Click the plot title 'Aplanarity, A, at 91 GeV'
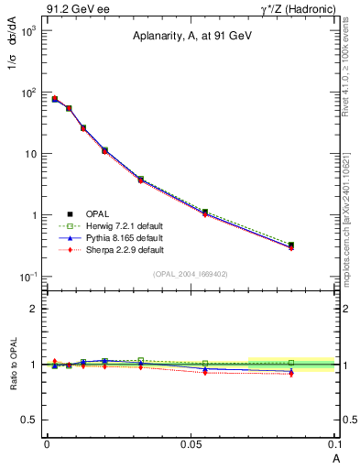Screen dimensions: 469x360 (191, 36)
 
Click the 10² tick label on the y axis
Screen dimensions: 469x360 (27, 93)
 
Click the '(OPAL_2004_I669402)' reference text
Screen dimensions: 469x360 (191, 274)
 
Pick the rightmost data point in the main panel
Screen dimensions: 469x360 (291, 245)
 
